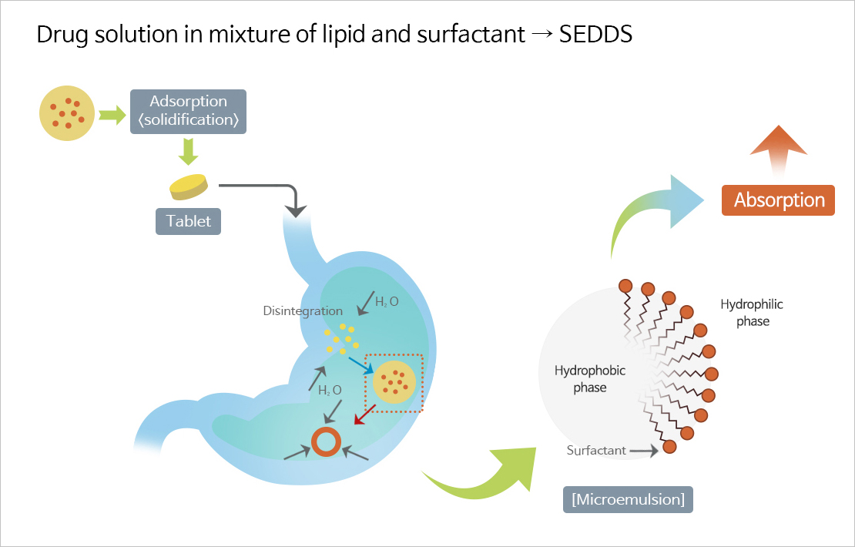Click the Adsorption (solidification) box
tap(188, 111)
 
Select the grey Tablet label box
tap(188, 221)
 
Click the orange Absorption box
tap(779, 200)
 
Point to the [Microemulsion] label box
tap(628, 499)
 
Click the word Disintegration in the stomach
tap(303, 311)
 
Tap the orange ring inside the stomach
tap(326, 442)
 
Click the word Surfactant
tap(596, 451)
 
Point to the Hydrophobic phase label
tap(590, 379)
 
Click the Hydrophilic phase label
tap(752, 313)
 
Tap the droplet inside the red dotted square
tap(395, 381)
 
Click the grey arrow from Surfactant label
tap(644, 451)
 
